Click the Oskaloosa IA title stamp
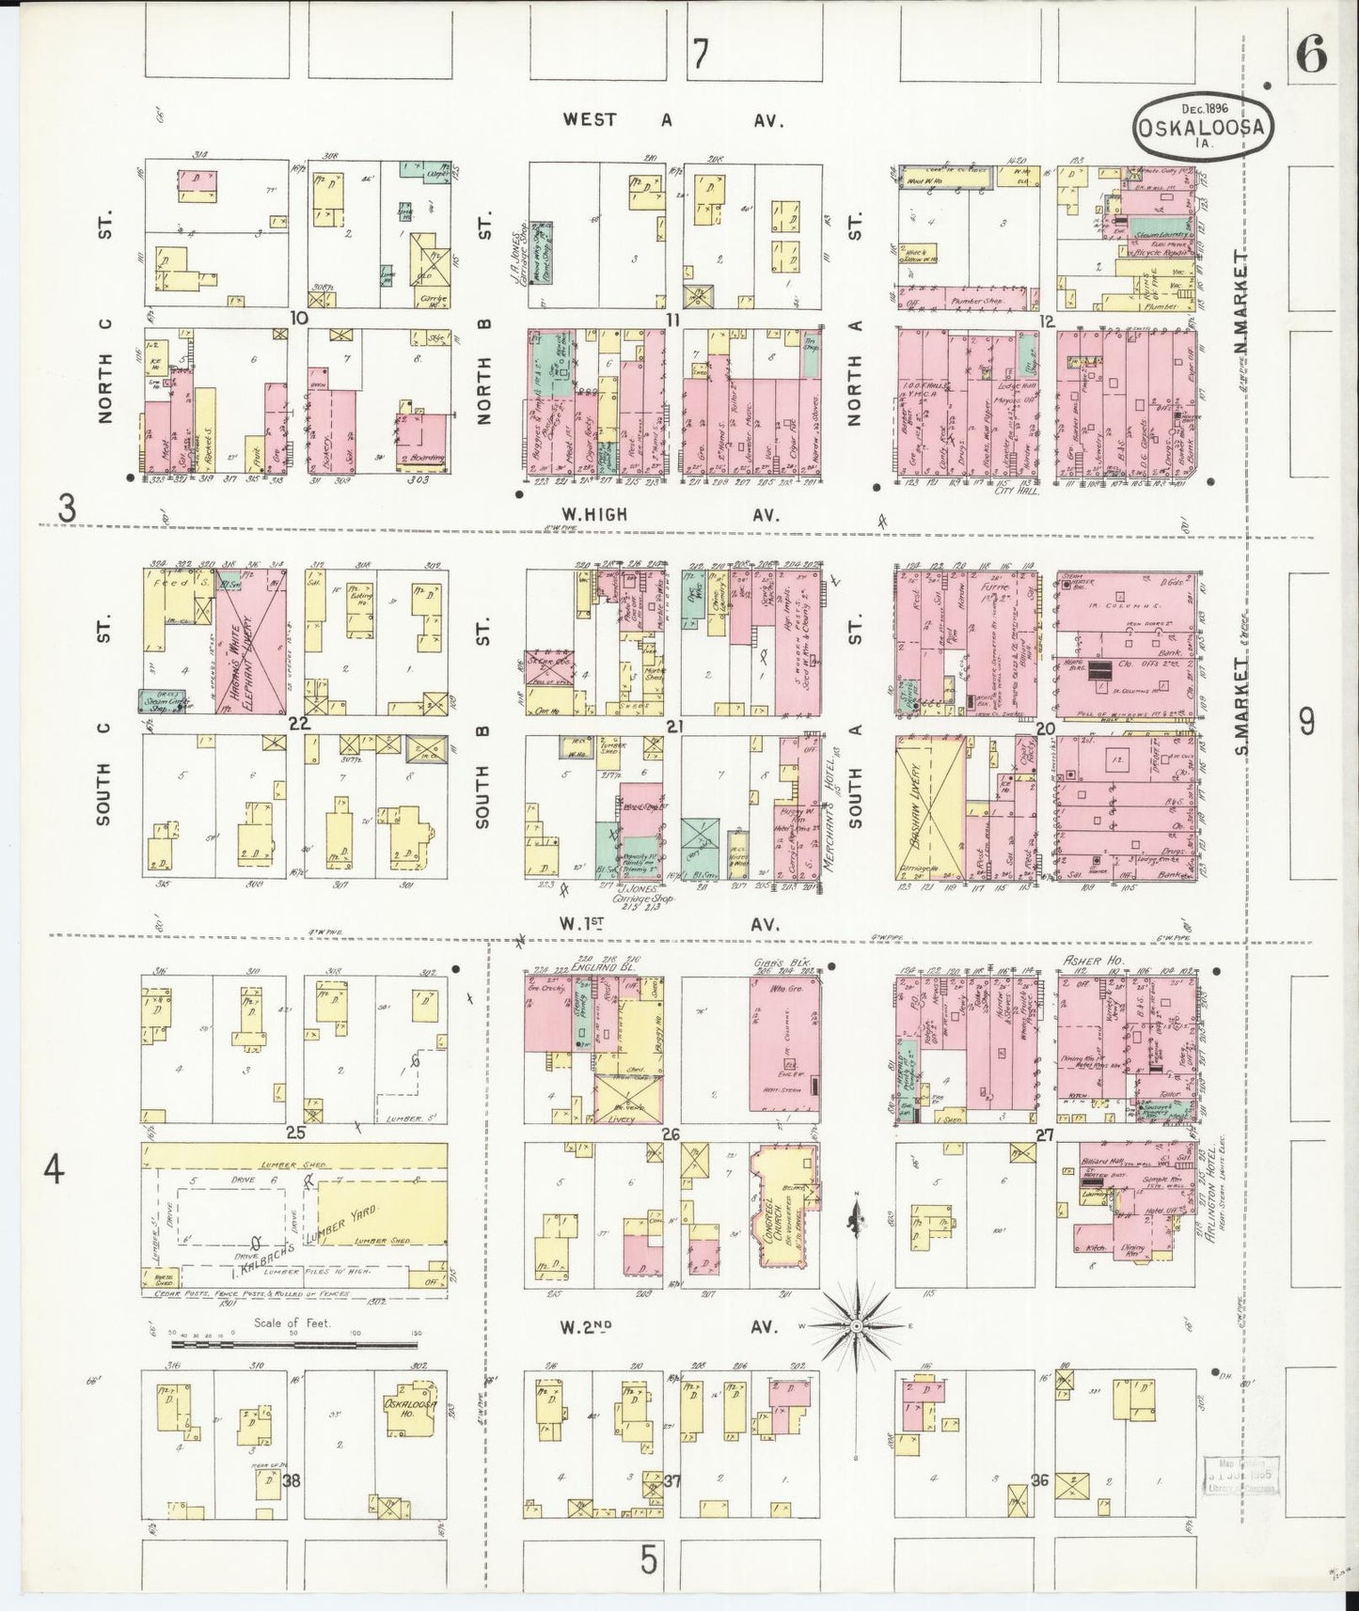pos(1203,126)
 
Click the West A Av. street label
pos(673,120)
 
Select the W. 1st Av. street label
pos(672,924)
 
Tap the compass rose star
pos(857,1325)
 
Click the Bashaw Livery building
pos(930,806)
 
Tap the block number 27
pos(1044,1134)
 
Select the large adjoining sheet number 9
pos(1307,722)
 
